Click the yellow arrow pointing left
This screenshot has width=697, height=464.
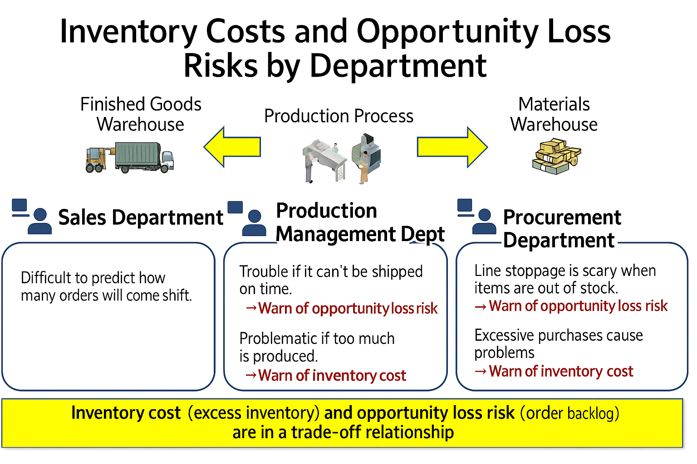point(232,147)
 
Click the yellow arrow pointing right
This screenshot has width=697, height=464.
point(452,147)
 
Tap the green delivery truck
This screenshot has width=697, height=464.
point(144,157)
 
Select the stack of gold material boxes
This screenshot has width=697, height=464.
point(557,156)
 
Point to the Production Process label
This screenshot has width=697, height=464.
point(339,116)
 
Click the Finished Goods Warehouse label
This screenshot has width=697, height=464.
point(141,114)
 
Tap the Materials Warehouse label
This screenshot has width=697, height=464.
point(554,114)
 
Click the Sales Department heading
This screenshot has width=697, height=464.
point(141,217)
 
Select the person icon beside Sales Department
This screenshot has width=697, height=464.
point(39,221)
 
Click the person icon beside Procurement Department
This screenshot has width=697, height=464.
point(484,221)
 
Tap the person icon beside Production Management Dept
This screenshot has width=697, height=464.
point(254,223)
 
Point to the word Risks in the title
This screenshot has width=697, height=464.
point(221,66)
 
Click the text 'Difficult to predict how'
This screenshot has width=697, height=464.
point(93,278)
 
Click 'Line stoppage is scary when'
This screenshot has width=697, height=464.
point(565,271)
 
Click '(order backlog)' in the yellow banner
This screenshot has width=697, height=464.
point(570,413)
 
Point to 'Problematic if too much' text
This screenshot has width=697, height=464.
point(317,338)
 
